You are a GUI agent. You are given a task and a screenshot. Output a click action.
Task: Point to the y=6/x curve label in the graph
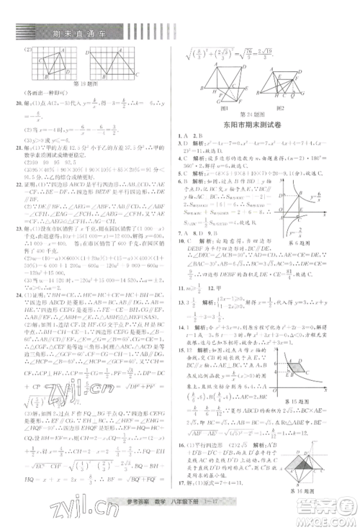[x=333, y=197]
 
